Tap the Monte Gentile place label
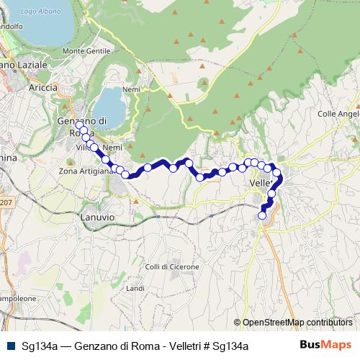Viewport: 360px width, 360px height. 87,51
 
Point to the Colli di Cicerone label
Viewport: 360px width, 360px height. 171,267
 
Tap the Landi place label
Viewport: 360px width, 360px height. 135,288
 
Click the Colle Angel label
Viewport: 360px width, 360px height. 338,114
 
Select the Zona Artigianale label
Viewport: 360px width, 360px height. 86,171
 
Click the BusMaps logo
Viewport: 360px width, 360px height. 325,345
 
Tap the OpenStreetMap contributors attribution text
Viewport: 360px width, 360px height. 296,323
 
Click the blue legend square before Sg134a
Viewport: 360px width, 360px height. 11,346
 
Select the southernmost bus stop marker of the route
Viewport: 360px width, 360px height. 262,215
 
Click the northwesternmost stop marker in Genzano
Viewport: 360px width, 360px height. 79,125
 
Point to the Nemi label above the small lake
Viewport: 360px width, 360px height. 131,89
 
